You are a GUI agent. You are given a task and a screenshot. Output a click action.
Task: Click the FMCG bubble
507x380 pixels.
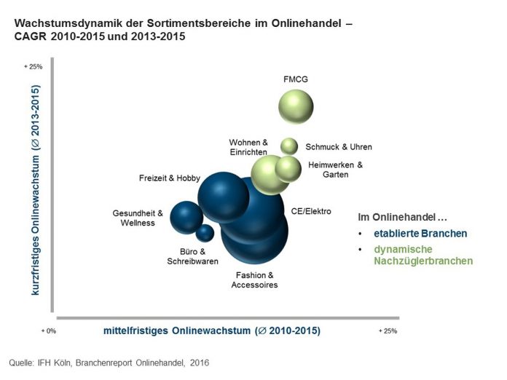coord(296,107)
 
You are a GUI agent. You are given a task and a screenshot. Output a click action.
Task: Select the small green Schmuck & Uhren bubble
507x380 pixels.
coord(289,146)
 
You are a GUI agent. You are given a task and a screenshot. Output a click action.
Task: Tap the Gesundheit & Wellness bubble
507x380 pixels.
coord(186,217)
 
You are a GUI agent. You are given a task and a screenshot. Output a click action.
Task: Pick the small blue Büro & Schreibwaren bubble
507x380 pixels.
coord(205,233)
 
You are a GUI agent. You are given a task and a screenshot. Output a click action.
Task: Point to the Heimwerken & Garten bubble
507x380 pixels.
coord(288,168)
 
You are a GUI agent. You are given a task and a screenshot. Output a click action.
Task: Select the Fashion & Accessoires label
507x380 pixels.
coord(254,280)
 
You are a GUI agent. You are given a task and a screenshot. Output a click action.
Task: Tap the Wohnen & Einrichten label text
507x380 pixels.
coord(248,146)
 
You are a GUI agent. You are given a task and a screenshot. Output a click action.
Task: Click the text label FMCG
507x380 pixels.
coord(296,79)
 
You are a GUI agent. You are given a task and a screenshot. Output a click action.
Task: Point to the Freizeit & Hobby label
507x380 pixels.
coord(169,178)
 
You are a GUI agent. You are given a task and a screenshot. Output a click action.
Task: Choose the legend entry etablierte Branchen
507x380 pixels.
coord(420,234)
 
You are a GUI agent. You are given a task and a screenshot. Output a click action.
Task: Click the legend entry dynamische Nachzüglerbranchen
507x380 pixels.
coord(422,255)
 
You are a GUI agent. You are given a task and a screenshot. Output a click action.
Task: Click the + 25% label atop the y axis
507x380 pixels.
coord(34,66)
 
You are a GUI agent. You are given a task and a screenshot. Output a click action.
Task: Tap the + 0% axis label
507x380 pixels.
coord(48,330)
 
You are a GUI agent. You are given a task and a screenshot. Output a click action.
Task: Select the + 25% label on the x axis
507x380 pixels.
coord(388,330)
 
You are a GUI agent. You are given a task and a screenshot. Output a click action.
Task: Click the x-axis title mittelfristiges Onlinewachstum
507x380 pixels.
coord(211,331)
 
